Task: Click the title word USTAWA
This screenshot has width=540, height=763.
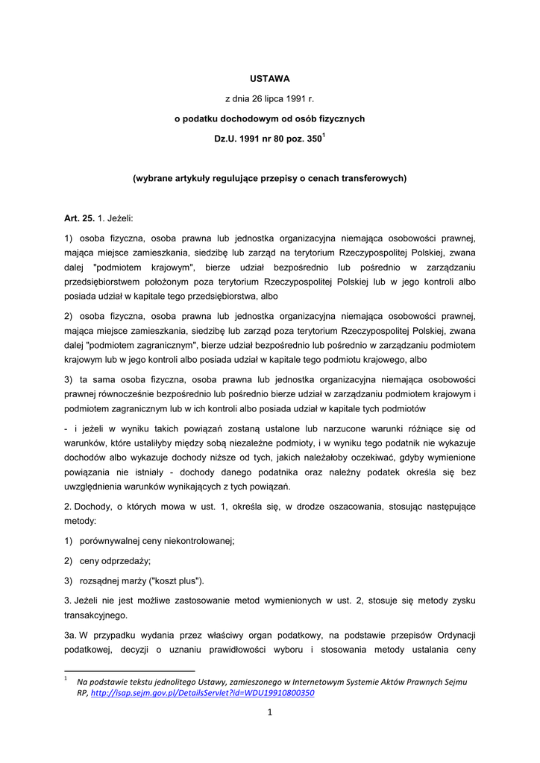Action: pyautogui.click(x=269, y=78)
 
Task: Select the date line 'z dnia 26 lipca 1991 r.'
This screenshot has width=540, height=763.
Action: pyautogui.click(x=269, y=98)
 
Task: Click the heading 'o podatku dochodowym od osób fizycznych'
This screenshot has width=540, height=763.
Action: pyautogui.click(x=269, y=118)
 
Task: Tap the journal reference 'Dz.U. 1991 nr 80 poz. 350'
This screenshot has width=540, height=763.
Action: pyautogui.click(x=267, y=139)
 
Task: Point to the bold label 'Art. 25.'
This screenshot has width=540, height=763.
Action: pyautogui.click(x=79, y=218)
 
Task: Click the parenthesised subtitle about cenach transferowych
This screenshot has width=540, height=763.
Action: pyautogui.click(x=269, y=178)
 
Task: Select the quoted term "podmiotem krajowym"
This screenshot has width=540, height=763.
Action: pyautogui.click(x=145, y=267)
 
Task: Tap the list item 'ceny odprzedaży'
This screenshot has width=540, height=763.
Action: pyautogui.click(x=115, y=560)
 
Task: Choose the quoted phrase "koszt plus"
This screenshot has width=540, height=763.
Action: pyautogui.click(x=176, y=580)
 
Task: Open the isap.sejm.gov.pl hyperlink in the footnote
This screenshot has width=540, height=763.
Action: pyautogui.click(x=202, y=693)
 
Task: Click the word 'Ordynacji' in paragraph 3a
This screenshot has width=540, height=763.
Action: pyautogui.click(x=452, y=635)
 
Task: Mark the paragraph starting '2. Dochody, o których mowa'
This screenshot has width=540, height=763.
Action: pyautogui.click(x=269, y=513)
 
